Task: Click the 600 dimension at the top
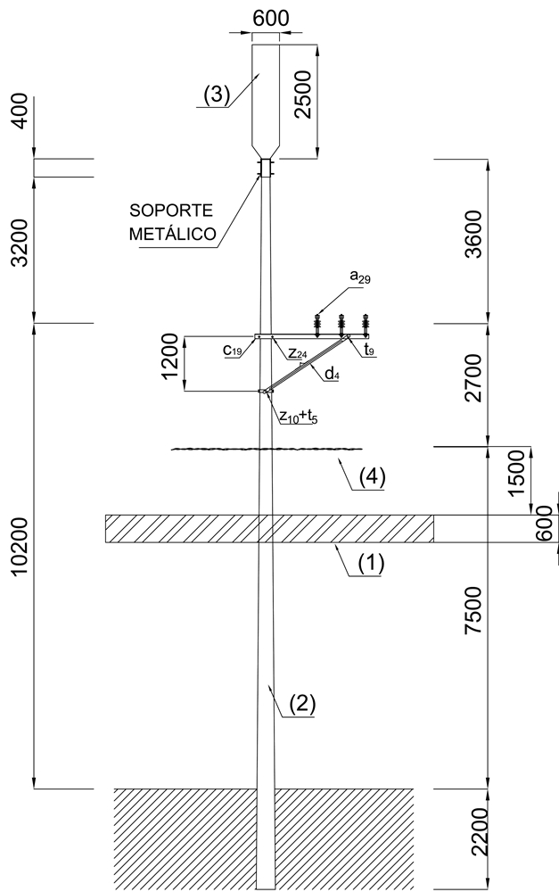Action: point(269,19)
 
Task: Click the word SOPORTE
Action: point(171,211)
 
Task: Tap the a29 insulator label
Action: point(360,279)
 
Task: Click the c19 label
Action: point(233,351)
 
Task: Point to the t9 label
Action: point(369,351)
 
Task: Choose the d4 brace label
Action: point(331,375)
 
